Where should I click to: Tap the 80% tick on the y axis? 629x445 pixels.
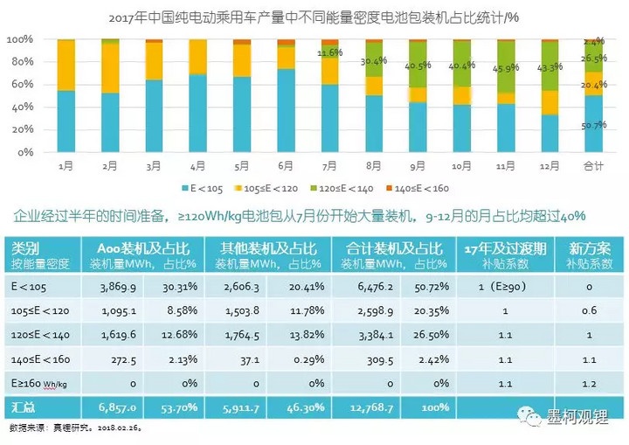pos(21,62)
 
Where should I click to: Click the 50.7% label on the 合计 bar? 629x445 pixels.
pos(594,125)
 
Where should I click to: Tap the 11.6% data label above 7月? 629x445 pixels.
pos(329,52)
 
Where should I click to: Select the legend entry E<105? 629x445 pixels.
pos(197,188)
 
